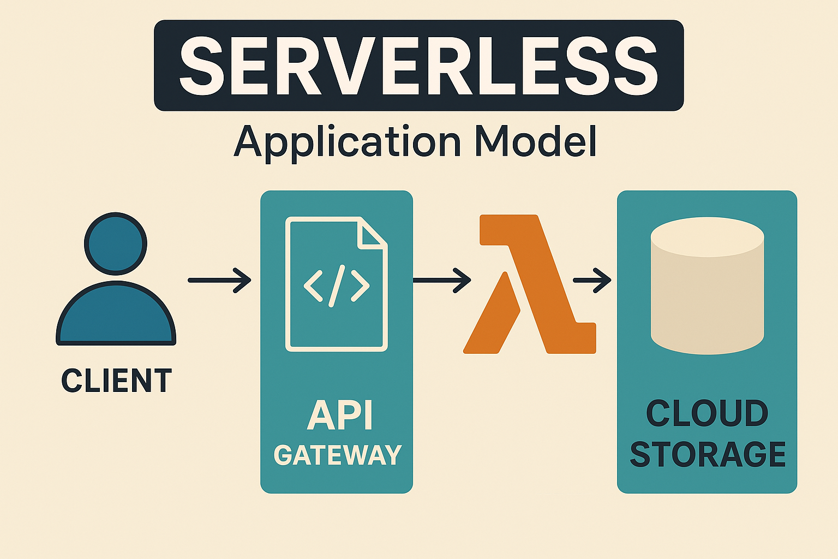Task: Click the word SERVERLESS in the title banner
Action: click(x=418, y=66)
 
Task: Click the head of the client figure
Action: click(x=116, y=243)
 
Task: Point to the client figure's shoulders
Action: click(x=116, y=317)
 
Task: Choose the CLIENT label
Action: click(x=116, y=380)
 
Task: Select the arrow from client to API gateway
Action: click(x=219, y=280)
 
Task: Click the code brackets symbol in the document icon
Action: click(x=336, y=285)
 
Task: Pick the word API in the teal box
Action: click(x=339, y=416)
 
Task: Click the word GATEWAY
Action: click(x=338, y=455)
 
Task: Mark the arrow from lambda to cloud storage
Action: click(x=592, y=280)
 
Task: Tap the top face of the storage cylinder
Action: click(x=707, y=237)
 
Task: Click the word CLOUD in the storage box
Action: click(x=707, y=413)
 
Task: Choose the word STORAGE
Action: click(x=708, y=454)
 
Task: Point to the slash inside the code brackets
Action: click(x=337, y=285)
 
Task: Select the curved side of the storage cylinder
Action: click(x=707, y=306)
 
